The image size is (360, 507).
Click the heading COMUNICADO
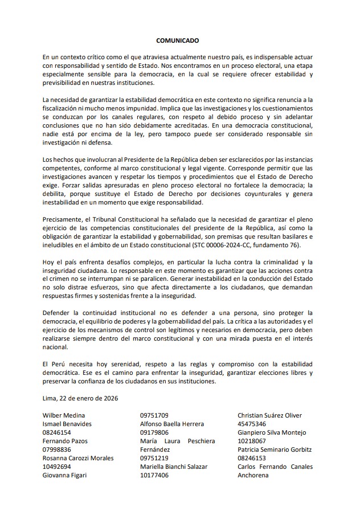click(x=178, y=42)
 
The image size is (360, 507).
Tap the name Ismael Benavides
click(x=67, y=424)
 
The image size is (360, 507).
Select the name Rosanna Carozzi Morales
click(x=78, y=458)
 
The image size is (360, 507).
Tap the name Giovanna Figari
click(x=64, y=475)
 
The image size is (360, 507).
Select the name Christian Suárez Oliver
click(x=269, y=415)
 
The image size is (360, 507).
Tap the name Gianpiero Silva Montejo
click(x=272, y=432)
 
